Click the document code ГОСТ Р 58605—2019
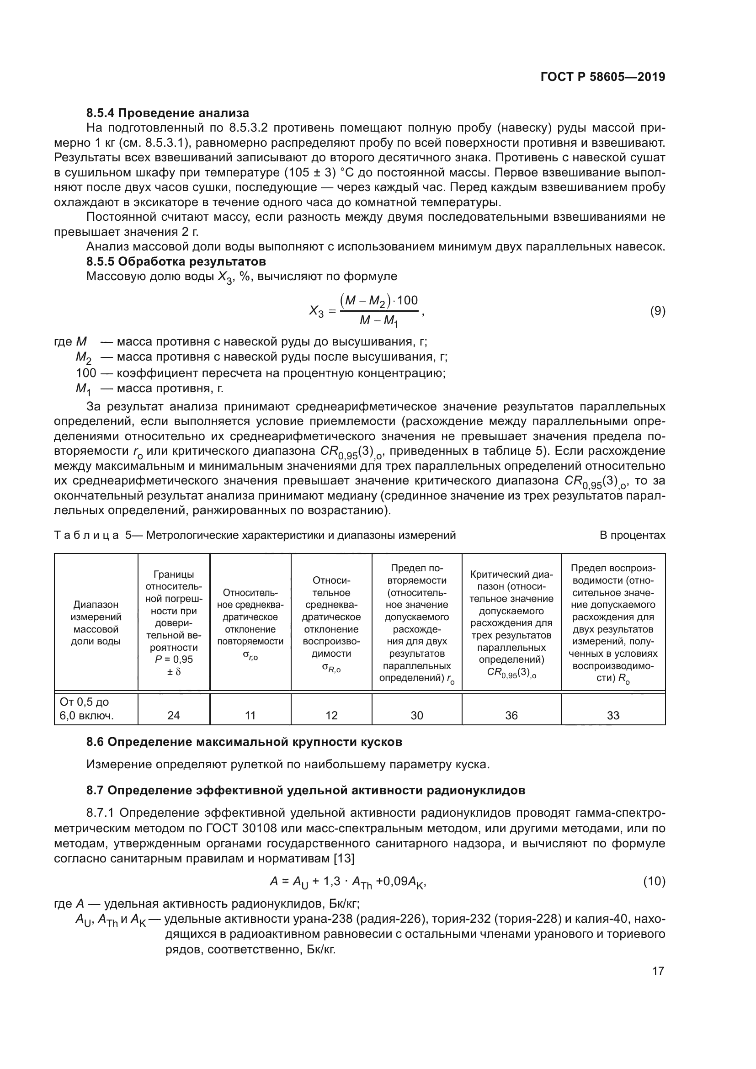pos(603,77)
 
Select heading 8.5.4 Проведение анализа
pos(168,113)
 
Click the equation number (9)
pos(657,311)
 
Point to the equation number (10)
pos(654,881)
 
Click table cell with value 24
pos(174,715)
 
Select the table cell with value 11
pos(250,715)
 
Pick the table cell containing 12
pos(331,715)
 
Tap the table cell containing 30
pos(417,715)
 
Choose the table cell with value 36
pos(511,715)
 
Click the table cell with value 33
pos(612,715)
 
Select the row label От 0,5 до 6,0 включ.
pos(87,709)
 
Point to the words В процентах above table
pos(632,536)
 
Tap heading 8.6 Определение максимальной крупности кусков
pos(244,742)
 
